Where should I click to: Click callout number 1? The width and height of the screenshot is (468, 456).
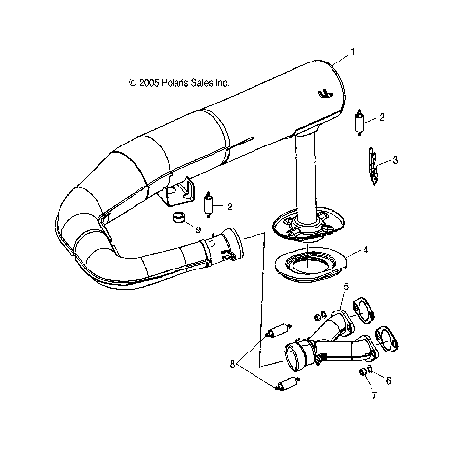355,50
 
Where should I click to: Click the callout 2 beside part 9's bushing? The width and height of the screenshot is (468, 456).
231,206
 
